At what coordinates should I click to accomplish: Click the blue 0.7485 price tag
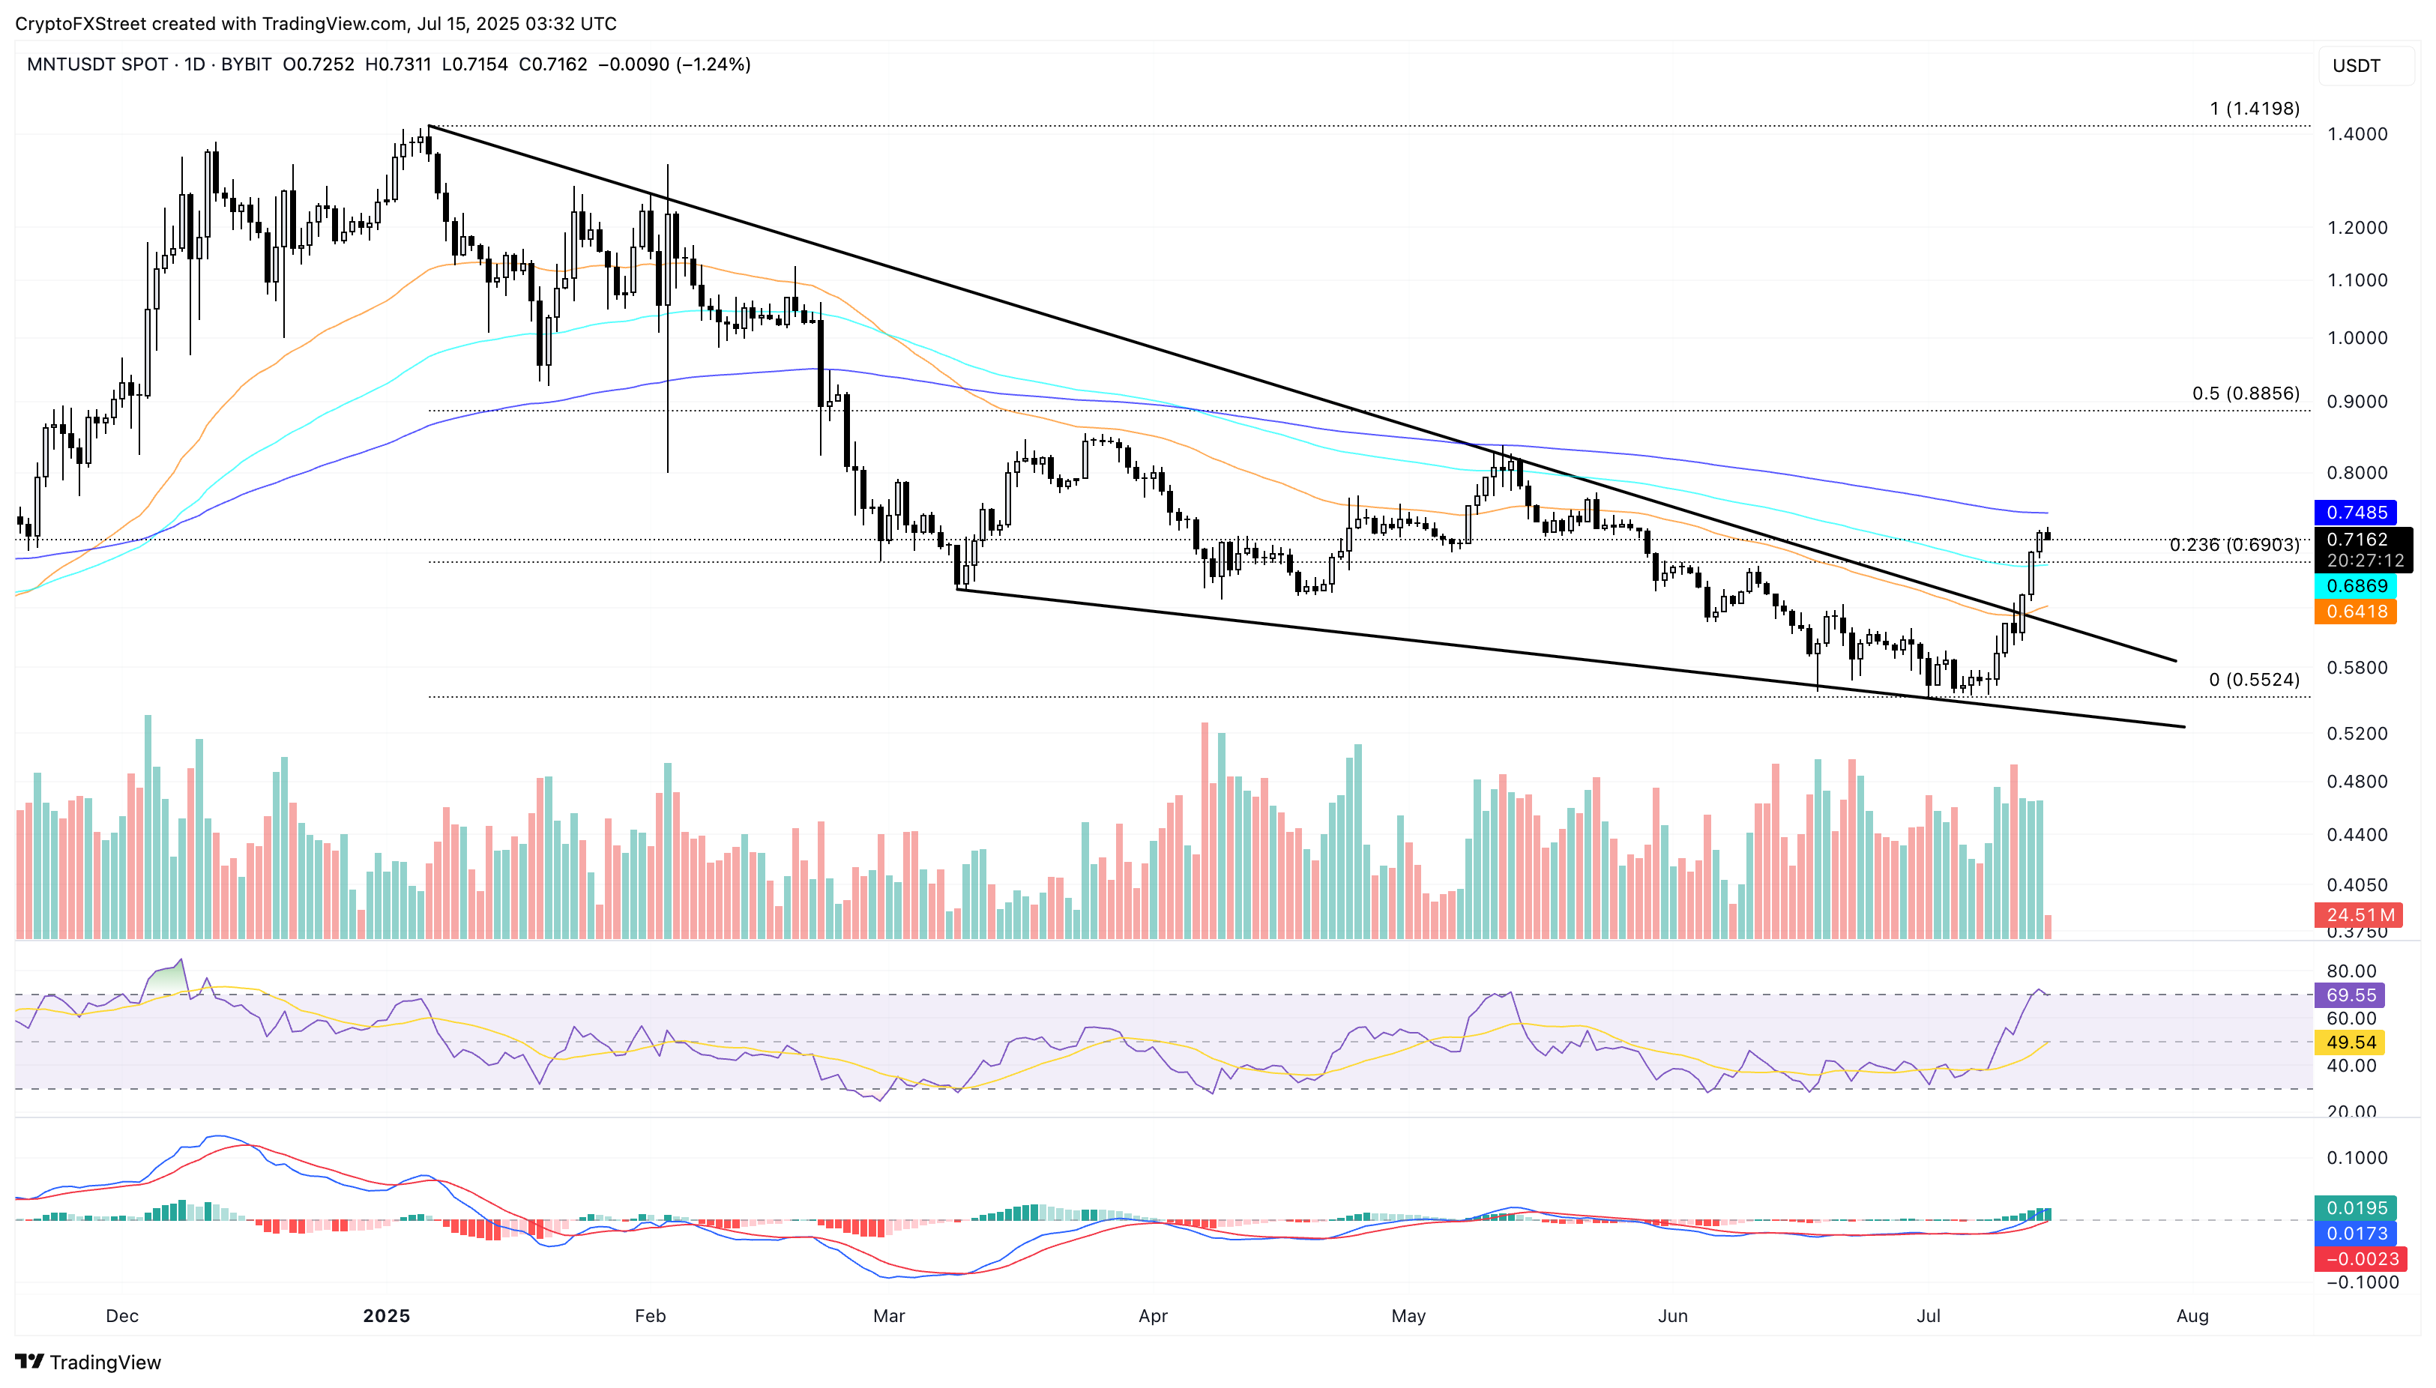coord(2356,513)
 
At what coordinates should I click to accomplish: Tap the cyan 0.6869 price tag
coord(2356,586)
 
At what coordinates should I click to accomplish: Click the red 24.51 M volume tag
coord(2360,915)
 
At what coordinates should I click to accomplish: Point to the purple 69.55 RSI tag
coord(2351,995)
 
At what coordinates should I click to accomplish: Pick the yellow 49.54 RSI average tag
coord(2351,1043)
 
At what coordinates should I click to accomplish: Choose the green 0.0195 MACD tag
coord(2356,1208)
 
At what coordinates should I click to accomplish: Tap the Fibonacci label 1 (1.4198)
coord(2254,109)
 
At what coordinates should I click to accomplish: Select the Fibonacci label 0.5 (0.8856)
coord(2246,393)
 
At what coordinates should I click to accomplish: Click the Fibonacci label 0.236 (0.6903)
coord(2234,546)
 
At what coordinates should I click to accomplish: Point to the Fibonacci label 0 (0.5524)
coord(2254,680)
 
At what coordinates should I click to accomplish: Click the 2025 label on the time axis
coord(386,1317)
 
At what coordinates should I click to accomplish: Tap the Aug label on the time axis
coord(2192,1317)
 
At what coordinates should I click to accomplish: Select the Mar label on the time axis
coord(889,1317)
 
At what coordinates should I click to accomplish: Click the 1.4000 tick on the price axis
coord(2357,134)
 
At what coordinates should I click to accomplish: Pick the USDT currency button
coord(2356,66)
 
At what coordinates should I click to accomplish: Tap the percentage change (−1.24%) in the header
coord(713,64)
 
